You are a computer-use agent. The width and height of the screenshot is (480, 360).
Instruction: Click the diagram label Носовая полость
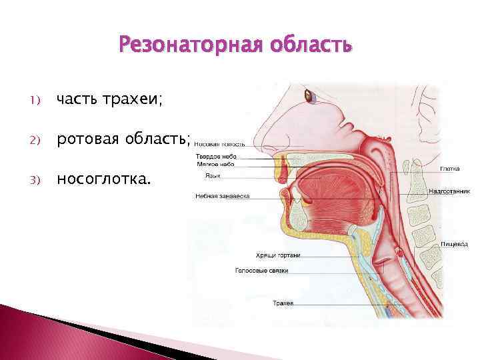(220, 143)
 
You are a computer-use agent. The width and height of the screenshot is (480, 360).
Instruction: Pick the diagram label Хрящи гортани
(278, 255)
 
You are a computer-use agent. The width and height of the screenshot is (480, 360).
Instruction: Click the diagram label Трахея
(283, 303)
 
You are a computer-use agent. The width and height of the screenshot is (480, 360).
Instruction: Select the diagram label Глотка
(450, 169)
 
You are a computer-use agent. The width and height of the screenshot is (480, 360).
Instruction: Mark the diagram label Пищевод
(451, 245)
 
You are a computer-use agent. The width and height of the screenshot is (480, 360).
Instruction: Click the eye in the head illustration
(310, 96)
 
